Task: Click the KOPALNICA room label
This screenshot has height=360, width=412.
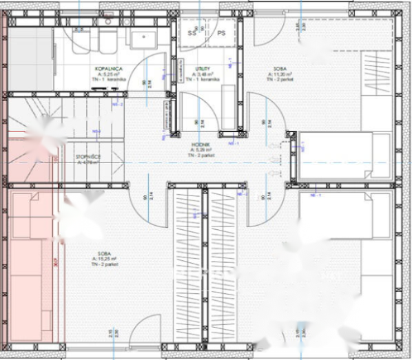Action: click(109, 69)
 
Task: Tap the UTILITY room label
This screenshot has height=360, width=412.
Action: click(201, 69)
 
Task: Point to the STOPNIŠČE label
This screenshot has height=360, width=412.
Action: click(87, 158)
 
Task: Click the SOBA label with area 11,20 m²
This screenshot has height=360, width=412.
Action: click(280, 70)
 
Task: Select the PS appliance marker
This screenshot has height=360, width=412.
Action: click(221, 32)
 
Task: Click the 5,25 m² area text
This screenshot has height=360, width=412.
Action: click(109, 75)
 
